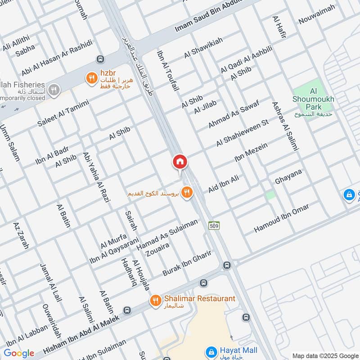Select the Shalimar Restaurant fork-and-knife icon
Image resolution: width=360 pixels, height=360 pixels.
point(156,300)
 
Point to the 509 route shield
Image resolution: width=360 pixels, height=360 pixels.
point(214,225)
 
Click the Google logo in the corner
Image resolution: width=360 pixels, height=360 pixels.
point(19,353)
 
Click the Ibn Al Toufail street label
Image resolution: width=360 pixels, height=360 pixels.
point(168,71)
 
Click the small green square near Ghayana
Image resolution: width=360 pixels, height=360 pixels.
point(270,195)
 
